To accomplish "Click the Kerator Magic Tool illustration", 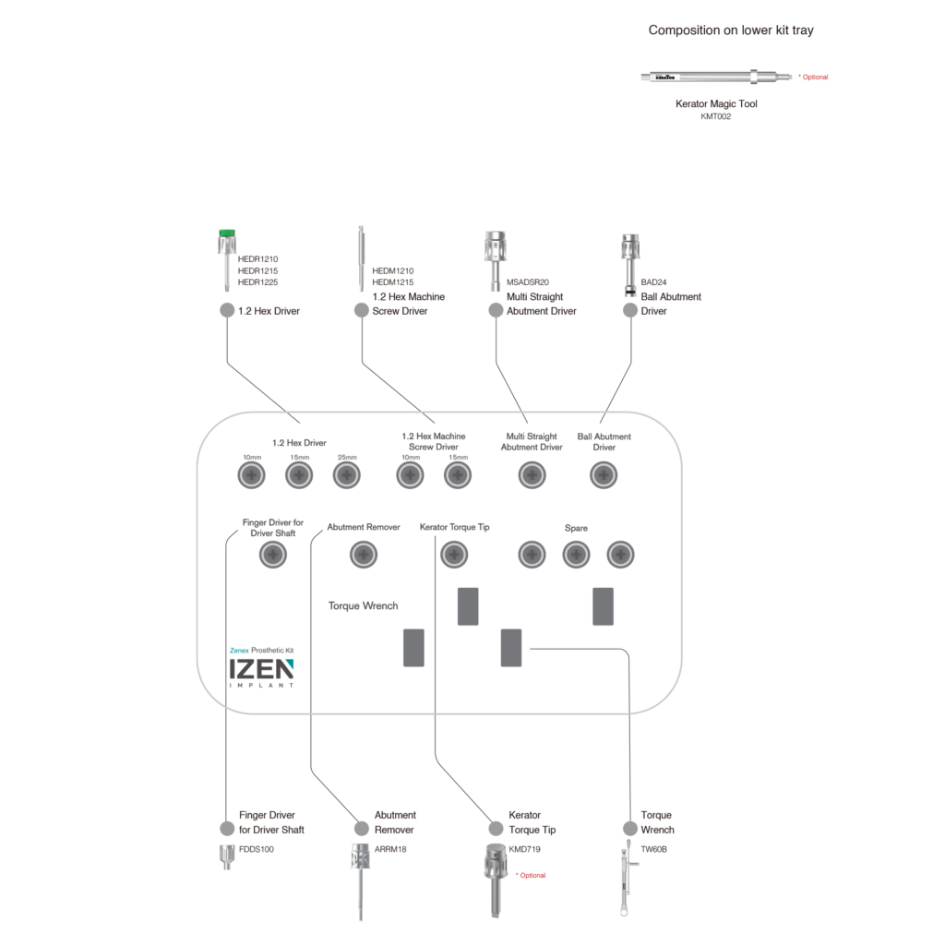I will (716, 77).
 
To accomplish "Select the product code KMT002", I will (716, 117).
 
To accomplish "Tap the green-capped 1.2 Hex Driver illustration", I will (223, 258).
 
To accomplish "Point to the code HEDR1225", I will (257, 282).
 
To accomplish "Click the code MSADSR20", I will (528, 282).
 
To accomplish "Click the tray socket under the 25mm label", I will (346, 476).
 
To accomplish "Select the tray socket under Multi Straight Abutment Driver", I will (532, 476).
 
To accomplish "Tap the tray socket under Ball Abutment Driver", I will (604, 476).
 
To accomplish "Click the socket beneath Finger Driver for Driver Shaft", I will (272, 555).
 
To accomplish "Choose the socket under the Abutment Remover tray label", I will (364, 555).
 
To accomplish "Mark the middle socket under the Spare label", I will (576, 555).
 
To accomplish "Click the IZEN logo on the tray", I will (262, 671).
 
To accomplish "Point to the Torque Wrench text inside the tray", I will (364, 606).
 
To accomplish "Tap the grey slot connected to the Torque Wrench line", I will (511, 648).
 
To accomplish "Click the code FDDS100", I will (257, 849).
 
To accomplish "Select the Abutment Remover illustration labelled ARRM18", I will (360, 881).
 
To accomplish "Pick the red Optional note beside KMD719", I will (531, 875).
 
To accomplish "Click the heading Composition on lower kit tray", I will (731, 30).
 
